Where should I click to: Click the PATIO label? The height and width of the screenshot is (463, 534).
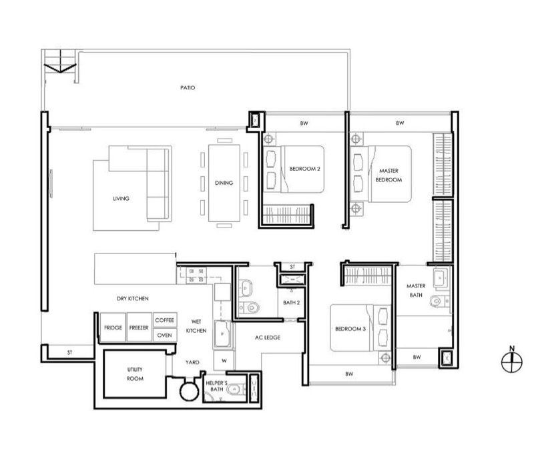(x=188, y=88)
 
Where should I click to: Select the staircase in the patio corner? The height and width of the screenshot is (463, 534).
(x=60, y=61)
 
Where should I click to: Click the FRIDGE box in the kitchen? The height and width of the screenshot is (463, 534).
(x=113, y=327)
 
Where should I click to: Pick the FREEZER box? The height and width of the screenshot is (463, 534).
(x=139, y=327)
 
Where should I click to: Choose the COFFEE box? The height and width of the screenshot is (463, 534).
(x=165, y=320)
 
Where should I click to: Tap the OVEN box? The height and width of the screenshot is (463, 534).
(x=165, y=335)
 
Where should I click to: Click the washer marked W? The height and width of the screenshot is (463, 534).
(x=224, y=360)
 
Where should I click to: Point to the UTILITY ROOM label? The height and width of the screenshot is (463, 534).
(x=135, y=374)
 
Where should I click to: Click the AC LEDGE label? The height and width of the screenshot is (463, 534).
(x=268, y=338)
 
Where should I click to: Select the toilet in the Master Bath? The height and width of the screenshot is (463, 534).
(x=438, y=302)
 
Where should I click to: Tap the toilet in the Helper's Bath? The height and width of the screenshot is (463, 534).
(x=235, y=389)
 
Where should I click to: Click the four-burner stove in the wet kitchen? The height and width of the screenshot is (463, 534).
(x=196, y=275)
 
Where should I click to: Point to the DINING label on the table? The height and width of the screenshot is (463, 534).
(x=224, y=183)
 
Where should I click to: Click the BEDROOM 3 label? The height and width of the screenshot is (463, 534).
(x=350, y=329)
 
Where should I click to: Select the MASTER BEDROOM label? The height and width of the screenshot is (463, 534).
(x=389, y=175)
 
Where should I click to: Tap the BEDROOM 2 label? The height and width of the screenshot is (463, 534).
(x=305, y=169)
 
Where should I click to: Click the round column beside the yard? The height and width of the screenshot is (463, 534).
(x=189, y=392)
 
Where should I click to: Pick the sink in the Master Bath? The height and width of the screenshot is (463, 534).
(x=441, y=278)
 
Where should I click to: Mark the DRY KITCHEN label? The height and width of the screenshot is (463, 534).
(x=132, y=299)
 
